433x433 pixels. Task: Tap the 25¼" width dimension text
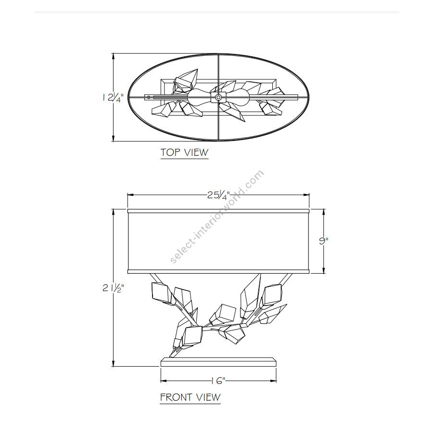tap(218, 195)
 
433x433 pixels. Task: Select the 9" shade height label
tap(323, 241)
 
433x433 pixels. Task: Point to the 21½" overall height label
tap(113, 288)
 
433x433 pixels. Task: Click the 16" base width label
tap(218, 381)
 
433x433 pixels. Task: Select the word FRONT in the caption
tap(177, 397)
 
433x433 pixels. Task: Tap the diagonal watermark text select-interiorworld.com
tap(217, 217)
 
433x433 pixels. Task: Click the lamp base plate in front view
tap(218, 362)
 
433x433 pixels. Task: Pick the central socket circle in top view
tap(218, 97)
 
